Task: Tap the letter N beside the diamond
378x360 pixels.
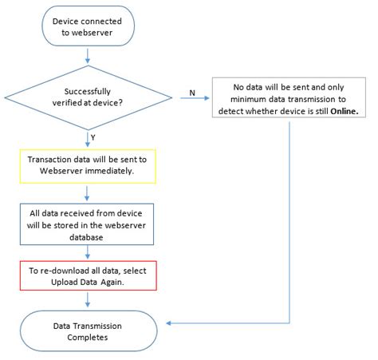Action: click(x=192, y=93)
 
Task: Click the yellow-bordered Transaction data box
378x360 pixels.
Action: click(x=88, y=165)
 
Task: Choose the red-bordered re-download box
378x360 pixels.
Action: click(x=88, y=276)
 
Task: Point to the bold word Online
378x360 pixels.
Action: click(x=349, y=112)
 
